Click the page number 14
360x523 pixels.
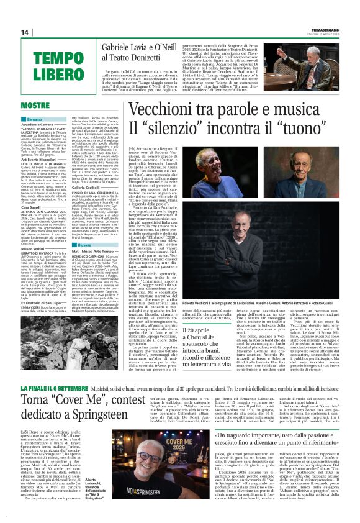25,32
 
